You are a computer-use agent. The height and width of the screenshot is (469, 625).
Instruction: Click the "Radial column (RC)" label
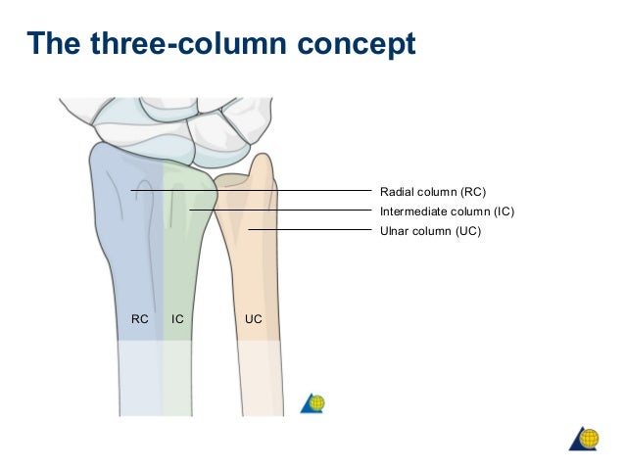(x=432, y=191)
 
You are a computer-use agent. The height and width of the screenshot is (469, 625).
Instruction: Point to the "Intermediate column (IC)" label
(x=446, y=211)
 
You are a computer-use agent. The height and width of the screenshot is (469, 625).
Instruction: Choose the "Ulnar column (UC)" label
(x=430, y=231)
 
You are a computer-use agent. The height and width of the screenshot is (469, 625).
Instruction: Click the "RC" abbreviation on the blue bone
(x=139, y=318)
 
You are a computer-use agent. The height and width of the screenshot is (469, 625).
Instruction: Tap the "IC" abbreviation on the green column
(x=177, y=318)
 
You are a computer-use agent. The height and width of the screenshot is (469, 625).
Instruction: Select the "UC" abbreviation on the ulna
(x=254, y=318)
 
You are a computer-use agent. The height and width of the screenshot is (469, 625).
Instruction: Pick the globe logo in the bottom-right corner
(x=585, y=438)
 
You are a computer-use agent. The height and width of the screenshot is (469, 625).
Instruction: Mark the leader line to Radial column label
(x=294, y=191)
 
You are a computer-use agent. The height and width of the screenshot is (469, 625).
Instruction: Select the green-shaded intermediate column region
(x=178, y=264)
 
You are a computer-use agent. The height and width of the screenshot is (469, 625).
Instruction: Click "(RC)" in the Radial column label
(x=469, y=191)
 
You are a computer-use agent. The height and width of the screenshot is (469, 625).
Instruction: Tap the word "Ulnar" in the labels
(x=395, y=231)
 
